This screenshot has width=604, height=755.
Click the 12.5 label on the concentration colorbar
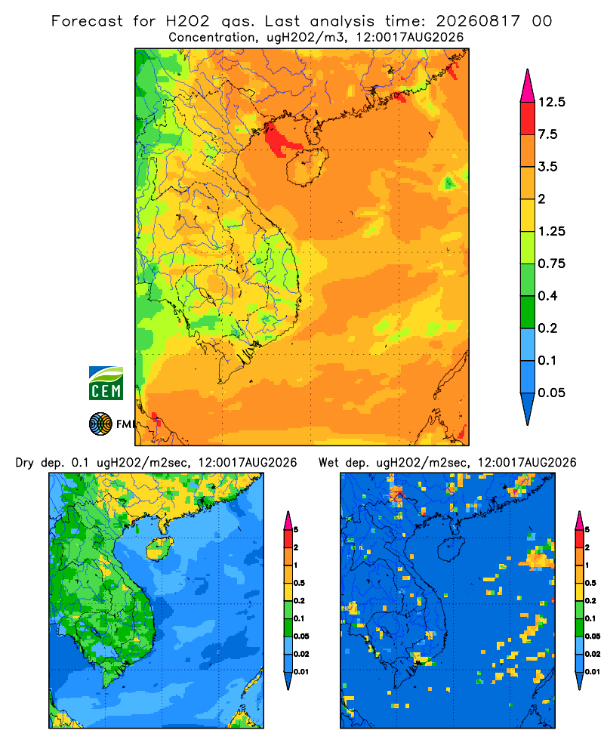coord(551,102)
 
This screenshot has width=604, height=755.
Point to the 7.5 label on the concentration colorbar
coord(547,134)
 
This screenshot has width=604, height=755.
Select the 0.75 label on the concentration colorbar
coord(551,263)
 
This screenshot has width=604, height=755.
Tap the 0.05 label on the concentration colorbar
coord(551,393)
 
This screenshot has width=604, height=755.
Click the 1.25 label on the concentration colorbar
coord(551,231)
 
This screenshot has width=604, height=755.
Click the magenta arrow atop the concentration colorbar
coord(528,86)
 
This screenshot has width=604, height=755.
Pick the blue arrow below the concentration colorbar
coord(528,408)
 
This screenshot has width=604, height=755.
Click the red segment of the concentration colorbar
coord(528,118)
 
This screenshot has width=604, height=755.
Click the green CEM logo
coord(106,384)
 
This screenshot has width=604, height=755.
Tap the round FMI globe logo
coord(100,424)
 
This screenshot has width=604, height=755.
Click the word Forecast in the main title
coord(87,21)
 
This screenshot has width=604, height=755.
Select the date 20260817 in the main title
coord(478,21)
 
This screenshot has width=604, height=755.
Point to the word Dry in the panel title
coord(25,463)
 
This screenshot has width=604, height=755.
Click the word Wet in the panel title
coord(328,463)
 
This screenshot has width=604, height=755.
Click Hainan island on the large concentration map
coord(307,166)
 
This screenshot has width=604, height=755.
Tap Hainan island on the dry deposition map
coord(159,548)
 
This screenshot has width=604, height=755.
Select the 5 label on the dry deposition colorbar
coord(296,530)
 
